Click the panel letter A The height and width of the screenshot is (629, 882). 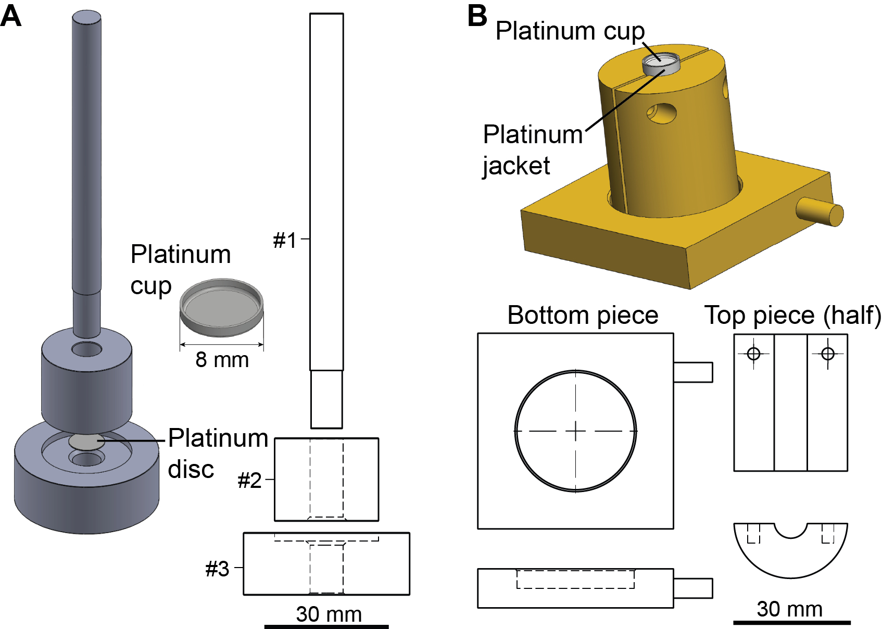pyautogui.click(x=10, y=16)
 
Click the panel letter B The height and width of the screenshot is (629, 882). pyautogui.click(x=477, y=16)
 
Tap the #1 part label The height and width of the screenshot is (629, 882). pyautogui.click(x=285, y=240)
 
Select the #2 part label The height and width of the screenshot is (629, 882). pyautogui.click(x=249, y=480)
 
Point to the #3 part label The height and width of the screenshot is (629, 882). pyautogui.click(x=217, y=569)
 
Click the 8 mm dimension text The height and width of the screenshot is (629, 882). pyautogui.click(x=222, y=360)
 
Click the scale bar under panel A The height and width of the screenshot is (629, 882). pyautogui.click(x=326, y=626)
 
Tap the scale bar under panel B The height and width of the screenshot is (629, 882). pyautogui.click(x=791, y=623)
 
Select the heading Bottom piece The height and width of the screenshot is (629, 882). pyautogui.click(x=583, y=315)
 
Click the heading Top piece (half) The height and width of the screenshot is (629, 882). pyautogui.click(x=792, y=316)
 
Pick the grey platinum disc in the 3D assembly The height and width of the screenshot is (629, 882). pyautogui.click(x=86, y=442)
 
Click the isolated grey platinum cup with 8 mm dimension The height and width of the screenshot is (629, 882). pyautogui.click(x=222, y=308)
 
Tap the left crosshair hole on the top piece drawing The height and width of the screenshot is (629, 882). pyautogui.click(x=753, y=354)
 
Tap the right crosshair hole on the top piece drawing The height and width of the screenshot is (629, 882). pyautogui.click(x=828, y=354)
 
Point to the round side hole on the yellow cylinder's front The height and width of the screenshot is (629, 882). pyautogui.click(x=661, y=114)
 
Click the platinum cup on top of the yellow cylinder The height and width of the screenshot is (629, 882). pyautogui.click(x=661, y=64)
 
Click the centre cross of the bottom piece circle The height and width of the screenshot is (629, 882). pyautogui.click(x=576, y=431)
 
